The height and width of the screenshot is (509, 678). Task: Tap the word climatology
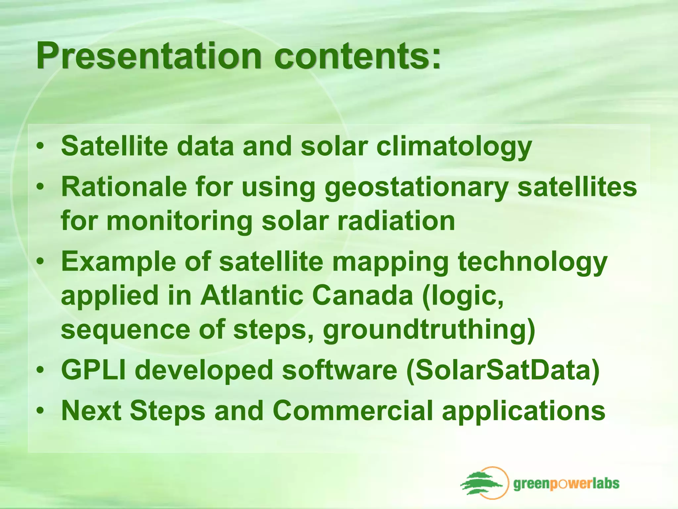(454, 147)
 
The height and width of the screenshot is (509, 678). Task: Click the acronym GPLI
(93, 370)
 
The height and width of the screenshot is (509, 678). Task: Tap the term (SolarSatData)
(503, 370)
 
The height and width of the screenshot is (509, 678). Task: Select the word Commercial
(353, 411)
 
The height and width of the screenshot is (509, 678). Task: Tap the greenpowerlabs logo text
(566, 483)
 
